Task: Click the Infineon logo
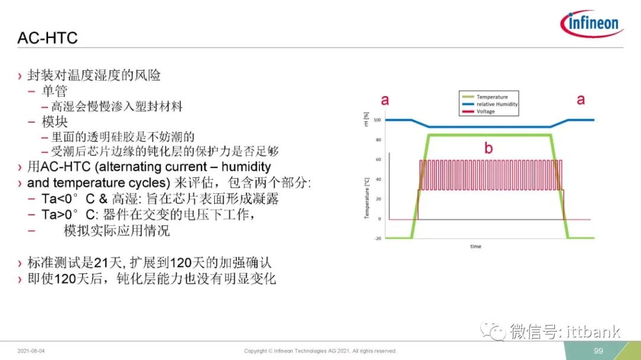592,23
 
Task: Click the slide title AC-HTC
47,38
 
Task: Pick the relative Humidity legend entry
490,104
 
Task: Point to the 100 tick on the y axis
377,120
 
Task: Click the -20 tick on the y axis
377,238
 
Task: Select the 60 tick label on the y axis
379,160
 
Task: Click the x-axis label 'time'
475,246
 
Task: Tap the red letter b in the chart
488,148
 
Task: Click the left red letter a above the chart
385,100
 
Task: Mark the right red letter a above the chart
580,99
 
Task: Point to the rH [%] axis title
366,119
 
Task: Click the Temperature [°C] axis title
367,198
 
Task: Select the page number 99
598,351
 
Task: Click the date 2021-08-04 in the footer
31,351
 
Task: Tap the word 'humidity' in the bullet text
246,167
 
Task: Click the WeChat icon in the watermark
493,330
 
